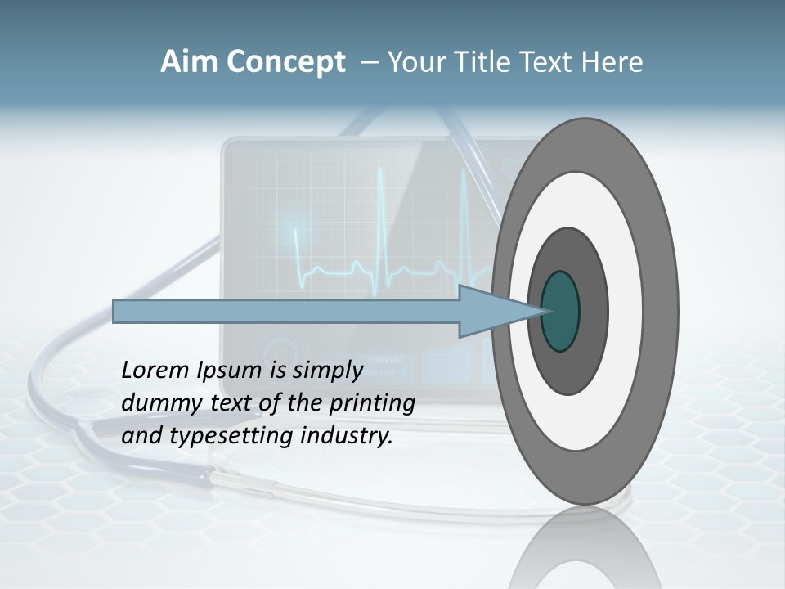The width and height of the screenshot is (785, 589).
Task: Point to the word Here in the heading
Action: pos(613,62)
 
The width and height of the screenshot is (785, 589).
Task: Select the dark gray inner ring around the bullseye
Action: pos(593,312)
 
